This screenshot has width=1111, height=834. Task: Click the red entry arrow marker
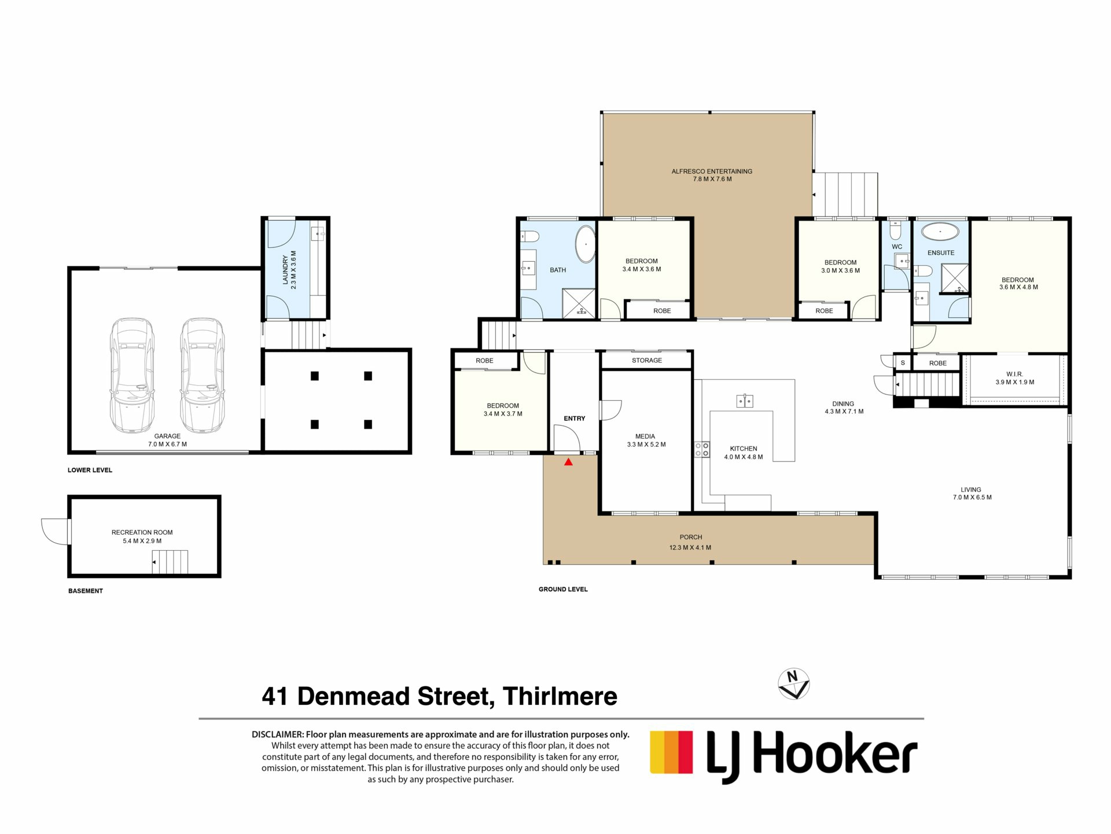568,462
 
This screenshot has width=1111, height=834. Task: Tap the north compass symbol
793,684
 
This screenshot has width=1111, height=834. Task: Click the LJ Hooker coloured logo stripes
671,752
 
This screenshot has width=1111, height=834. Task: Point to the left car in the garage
133,375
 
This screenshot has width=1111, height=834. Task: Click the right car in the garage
202,375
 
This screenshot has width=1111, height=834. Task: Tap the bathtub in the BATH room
586,244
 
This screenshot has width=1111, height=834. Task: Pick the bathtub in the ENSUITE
940,232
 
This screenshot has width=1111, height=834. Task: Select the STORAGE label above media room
646,360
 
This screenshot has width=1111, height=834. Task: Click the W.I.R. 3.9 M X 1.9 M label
1014,378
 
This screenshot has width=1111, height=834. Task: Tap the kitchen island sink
744,401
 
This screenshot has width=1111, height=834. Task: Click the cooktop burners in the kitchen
702,449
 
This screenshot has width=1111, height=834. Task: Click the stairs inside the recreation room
170,562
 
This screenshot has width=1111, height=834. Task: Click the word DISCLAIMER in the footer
277,734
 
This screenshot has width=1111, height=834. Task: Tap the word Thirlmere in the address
560,696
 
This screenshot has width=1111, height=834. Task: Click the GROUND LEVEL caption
562,589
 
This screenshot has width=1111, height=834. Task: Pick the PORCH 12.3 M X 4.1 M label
690,542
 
